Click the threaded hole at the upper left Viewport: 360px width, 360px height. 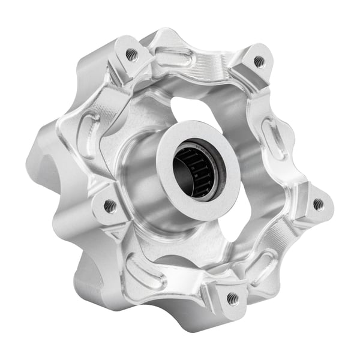click(x=131, y=55)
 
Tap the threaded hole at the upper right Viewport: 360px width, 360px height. click(x=259, y=61)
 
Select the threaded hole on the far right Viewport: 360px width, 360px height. click(x=318, y=204)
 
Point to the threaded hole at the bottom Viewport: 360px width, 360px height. click(x=232, y=297)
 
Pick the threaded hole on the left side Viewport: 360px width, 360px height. click(x=109, y=206)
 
